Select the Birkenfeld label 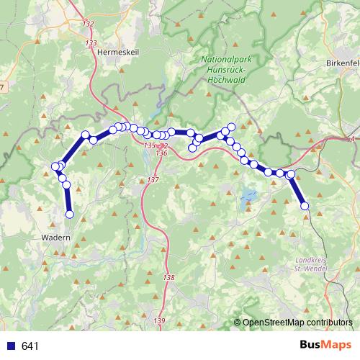pyautogui.click(x=343, y=62)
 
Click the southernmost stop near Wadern pyautogui.click(x=70, y=214)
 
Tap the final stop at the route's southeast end pyautogui.click(x=305, y=206)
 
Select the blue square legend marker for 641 pyautogui.click(x=10, y=346)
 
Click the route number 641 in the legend pyautogui.click(x=30, y=346)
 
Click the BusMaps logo pyautogui.click(x=325, y=346)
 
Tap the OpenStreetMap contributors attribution pyautogui.click(x=297, y=322)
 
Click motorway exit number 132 pyautogui.click(x=88, y=24)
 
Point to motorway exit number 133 pyautogui.click(x=91, y=44)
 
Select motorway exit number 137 pyautogui.click(x=153, y=179)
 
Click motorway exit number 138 pyautogui.click(x=168, y=277)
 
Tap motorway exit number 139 pyautogui.click(x=159, y=320)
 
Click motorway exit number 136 pyautogui.click(x=161, y=153)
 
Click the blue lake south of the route pyautogui.click(x=248, y=194)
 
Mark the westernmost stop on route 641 pyautogui.click(x=55, y=166)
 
